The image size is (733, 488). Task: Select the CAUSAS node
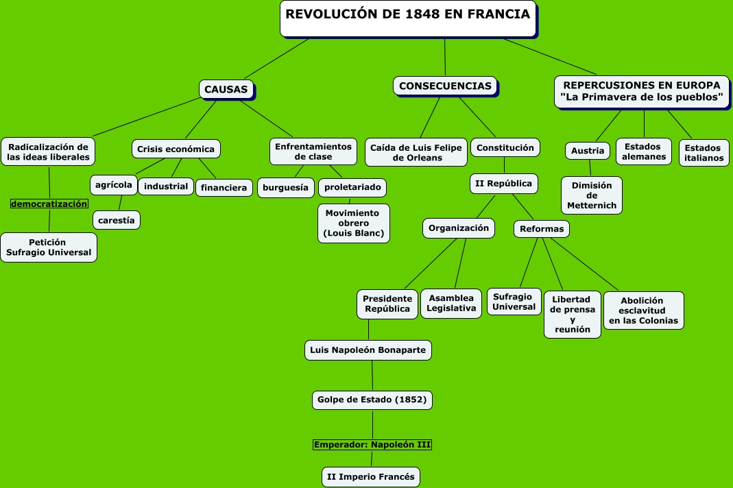(226, 89)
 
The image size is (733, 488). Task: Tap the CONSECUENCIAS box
(445, 86)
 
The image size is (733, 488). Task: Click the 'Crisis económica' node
(176, 149)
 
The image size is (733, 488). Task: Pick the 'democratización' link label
(49, 204)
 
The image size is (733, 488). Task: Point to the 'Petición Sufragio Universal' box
(49, 247)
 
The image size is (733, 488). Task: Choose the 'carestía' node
(117, 220)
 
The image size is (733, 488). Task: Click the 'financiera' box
(224, 187)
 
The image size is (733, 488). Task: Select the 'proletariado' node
(352, 187)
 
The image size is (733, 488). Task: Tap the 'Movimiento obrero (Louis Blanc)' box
(354, 223)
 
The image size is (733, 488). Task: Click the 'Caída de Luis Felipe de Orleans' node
(416, 152)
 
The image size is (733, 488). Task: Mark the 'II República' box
(504, 183)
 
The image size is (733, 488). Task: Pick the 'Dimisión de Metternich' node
(592, 195)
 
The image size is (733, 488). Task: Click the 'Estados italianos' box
(704, 152)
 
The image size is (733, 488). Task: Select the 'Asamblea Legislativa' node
(451, 303)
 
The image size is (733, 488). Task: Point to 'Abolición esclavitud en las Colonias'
(643, 310)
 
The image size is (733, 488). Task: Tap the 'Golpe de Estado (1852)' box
(372, 399)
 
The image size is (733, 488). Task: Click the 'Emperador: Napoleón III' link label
(372, 445)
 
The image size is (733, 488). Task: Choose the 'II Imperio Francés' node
(371, 477)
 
